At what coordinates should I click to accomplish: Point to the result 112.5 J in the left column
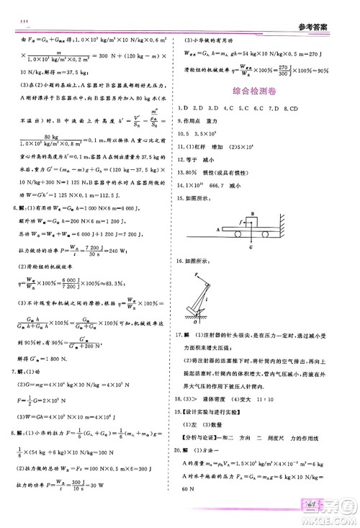pyautogui.click(x=104, y=204)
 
